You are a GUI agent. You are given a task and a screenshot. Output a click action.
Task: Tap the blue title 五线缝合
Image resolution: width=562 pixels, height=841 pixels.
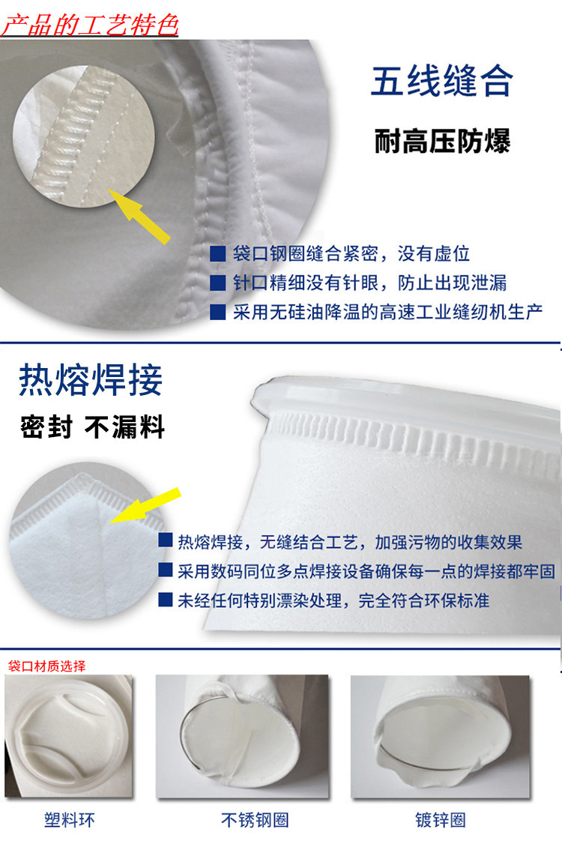click(442, 81)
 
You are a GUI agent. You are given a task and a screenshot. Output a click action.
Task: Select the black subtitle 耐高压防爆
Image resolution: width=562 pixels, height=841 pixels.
click(442, 141)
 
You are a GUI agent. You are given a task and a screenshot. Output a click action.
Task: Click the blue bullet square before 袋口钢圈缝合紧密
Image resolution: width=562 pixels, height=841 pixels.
click(217, 253)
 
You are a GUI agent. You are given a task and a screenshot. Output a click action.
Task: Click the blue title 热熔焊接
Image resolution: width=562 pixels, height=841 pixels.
click(91, 380)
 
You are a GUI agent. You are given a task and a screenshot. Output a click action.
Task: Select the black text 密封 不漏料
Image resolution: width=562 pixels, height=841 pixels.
click(92, 427)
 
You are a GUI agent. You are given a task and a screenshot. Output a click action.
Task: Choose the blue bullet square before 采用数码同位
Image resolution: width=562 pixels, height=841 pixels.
click(166, 570)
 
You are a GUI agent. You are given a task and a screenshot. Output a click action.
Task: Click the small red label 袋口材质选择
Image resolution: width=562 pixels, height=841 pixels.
click(46, 666)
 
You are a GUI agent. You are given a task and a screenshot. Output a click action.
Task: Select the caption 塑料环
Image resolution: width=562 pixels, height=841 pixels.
click(69, 819)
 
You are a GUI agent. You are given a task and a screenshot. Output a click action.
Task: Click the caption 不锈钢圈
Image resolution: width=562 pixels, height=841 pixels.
click(255, 819)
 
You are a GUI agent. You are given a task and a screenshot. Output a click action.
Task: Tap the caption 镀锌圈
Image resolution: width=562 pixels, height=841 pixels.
click(441, 819)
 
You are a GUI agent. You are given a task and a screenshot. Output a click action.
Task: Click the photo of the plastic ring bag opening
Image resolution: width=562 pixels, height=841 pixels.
click(69, 737)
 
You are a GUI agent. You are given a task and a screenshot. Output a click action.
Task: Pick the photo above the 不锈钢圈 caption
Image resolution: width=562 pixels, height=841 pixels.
click(242, 737)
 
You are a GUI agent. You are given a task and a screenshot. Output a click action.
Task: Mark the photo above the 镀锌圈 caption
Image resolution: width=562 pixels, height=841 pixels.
click(441, 737)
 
